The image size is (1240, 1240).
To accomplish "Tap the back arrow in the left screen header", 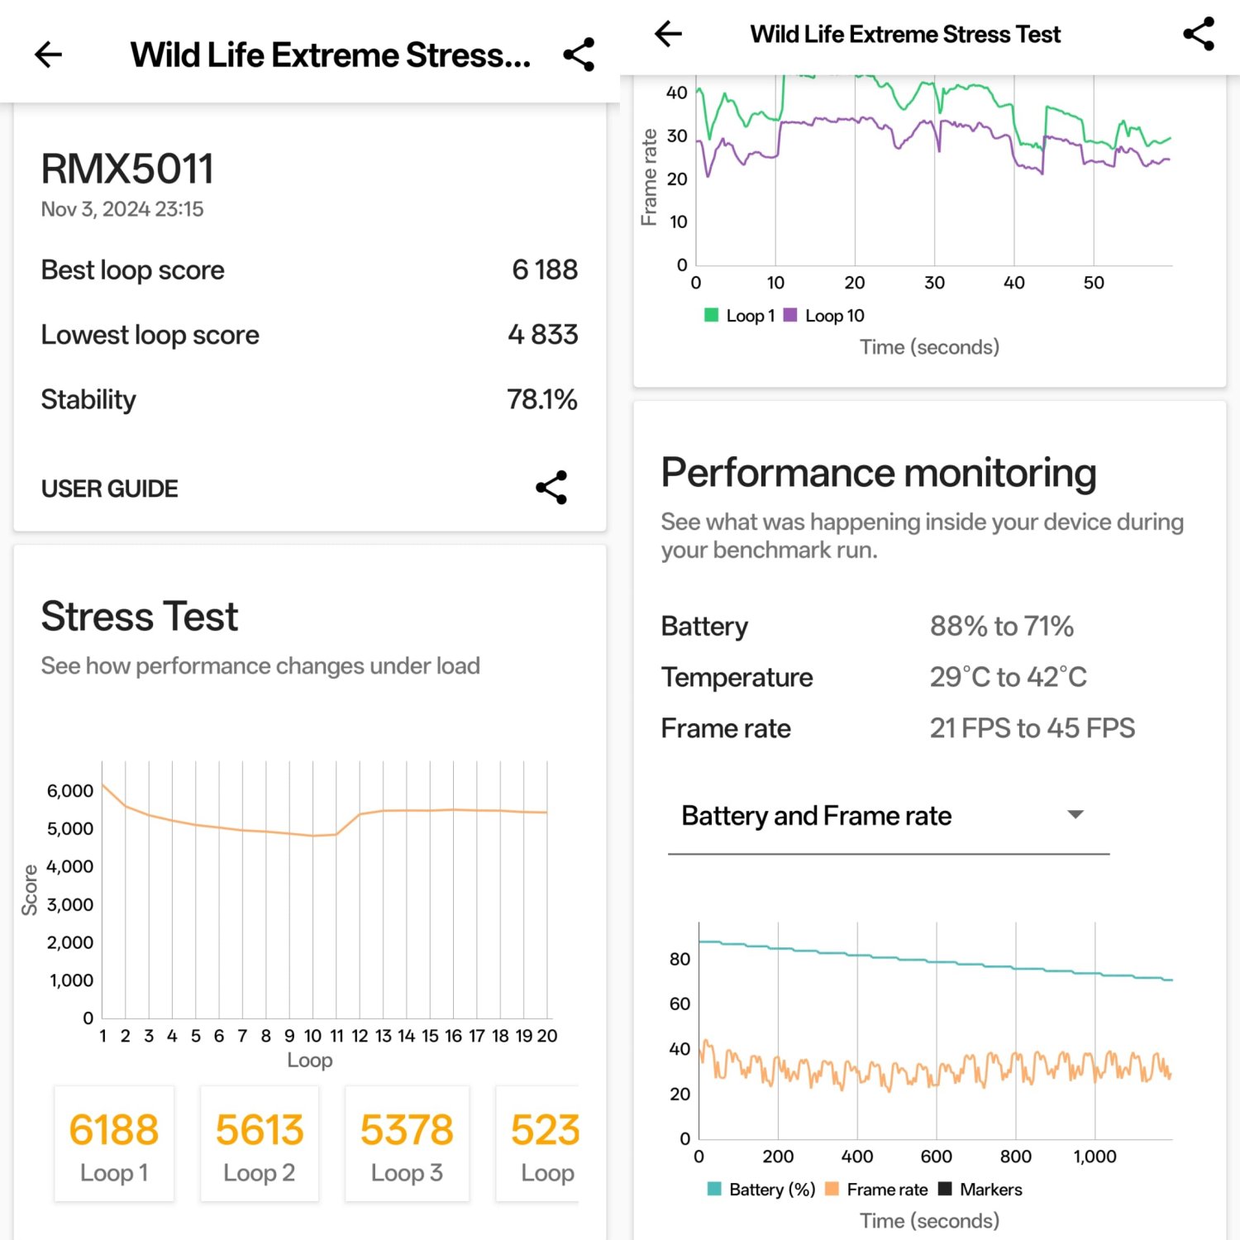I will [x=49, y=55].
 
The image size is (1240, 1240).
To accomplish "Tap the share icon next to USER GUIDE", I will [x=551, y=488].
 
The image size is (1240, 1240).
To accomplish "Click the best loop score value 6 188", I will [x=544, y=269].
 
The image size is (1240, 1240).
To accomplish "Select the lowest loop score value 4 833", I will [x=542, y=335].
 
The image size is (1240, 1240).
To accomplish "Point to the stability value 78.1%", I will [x=541, y=399].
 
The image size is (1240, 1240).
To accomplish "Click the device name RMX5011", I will [x=127, y=169].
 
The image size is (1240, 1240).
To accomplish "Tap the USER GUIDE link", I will [x=109, y=489].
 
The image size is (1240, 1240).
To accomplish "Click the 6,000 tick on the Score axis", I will [x=70, y=791].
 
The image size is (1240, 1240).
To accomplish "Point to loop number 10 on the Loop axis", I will [x=312, y=1036].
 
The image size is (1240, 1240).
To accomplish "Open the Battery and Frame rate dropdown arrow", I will [x=1075, y=815].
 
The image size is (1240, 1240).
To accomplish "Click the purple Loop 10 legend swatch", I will [x=790, y=315].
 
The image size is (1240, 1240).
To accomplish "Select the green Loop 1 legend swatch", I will [x=711, y=315].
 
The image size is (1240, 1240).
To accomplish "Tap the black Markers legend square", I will [x=945, y=1189].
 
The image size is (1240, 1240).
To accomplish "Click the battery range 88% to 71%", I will [x=1001, y=627].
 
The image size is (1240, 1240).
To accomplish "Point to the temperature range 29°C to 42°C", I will [x=1008, y=677].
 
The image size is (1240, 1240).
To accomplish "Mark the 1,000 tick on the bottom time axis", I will [x=1095, y=1157].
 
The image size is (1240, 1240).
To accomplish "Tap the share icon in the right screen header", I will [x=1199, y=34].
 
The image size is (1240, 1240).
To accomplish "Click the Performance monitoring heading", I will [x=879, y=473].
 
